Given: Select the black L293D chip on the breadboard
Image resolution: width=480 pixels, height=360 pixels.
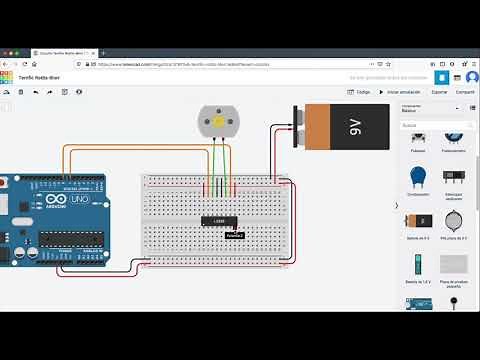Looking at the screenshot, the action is point(218,220).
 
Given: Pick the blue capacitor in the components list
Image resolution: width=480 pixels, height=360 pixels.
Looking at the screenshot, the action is point(417,177).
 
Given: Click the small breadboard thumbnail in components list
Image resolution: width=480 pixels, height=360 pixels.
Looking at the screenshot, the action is point(454,264).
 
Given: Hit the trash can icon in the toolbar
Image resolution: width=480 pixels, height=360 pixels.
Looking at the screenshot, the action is point(21,92).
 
